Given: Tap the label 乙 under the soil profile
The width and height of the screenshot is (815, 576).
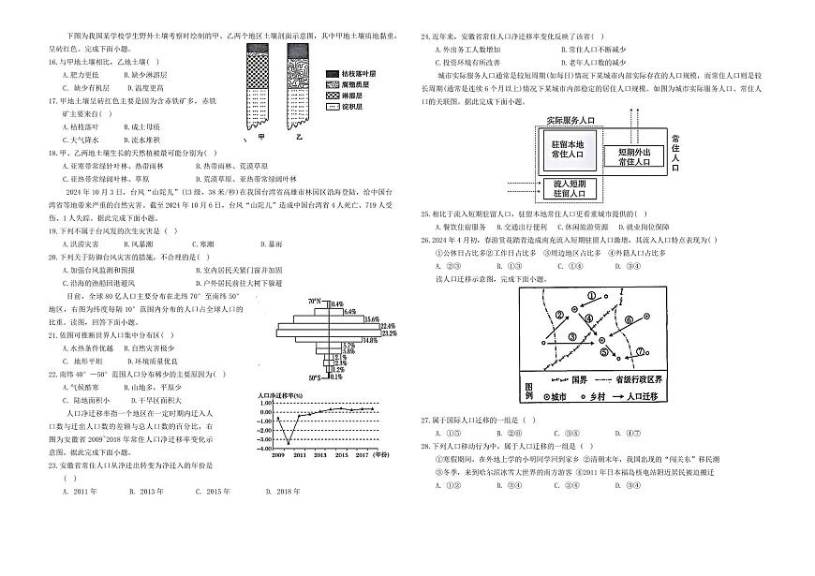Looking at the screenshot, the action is coord(299,137).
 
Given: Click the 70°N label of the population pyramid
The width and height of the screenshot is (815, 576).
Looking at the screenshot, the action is coord(316,303).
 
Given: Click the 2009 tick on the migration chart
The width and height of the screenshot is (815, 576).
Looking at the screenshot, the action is coord(278,453).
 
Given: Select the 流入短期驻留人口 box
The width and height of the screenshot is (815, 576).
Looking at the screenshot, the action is coord(569,190).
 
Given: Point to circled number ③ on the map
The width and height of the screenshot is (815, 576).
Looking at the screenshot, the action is coord(572,337).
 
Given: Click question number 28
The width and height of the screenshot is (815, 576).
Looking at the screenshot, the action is coord(425,446).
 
